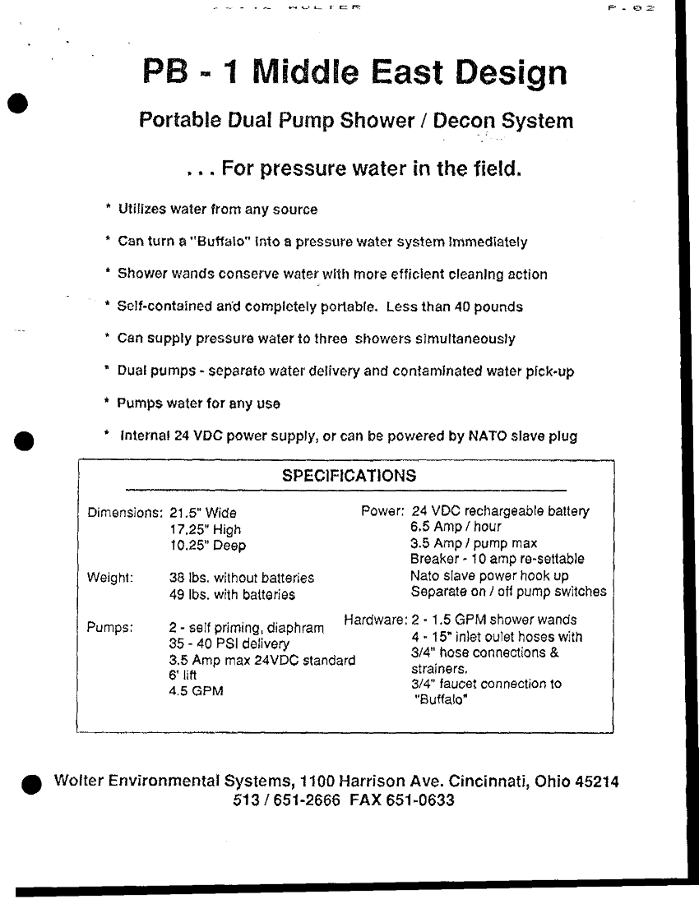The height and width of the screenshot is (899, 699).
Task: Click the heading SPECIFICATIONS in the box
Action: coord(349,476)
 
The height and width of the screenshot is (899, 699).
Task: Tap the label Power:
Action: coord(382,511)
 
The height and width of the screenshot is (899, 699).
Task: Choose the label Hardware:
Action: coord(374,620)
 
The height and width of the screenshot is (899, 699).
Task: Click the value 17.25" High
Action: coord(205,530)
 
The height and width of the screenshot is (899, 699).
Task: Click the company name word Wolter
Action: coord(78,781)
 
